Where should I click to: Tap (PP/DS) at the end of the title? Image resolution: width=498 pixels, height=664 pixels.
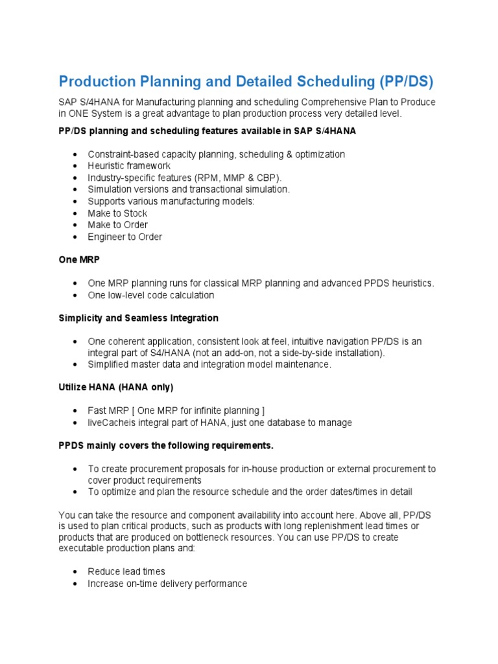click(400, 82)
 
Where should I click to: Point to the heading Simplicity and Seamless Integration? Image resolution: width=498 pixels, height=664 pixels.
click(138, 318)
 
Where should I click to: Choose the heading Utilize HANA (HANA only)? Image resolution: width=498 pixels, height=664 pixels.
click(116, 387)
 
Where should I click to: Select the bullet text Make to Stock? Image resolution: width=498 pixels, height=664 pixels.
click(117, 213)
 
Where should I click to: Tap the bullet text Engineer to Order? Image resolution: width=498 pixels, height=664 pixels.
click(125, 237)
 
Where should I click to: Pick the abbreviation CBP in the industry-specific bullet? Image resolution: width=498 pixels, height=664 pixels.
click(267, 178)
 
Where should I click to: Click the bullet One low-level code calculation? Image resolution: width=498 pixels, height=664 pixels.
click(151, 295)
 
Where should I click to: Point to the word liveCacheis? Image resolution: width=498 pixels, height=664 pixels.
click(112, 423)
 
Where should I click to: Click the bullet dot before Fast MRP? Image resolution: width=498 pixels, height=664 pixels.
click(76, 411)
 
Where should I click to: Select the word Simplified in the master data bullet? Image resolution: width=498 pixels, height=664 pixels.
click(110, 364)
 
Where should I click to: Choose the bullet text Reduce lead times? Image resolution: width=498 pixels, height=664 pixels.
click(126, 572)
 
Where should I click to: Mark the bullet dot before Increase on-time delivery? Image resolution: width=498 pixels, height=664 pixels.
click(76, 584)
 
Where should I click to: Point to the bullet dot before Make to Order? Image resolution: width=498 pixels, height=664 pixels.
click(76, 225)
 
